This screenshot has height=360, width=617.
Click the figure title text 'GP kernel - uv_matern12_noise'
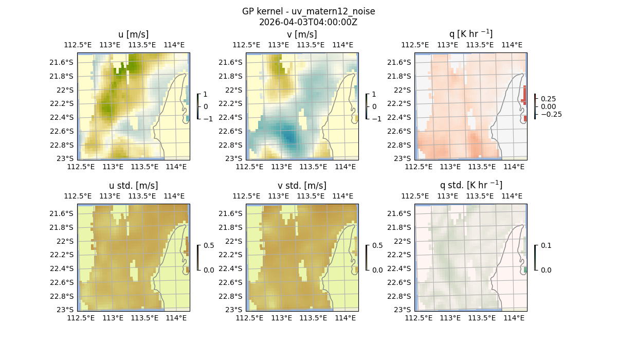coord(308,11)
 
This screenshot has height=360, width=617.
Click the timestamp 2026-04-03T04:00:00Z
coord(308,22)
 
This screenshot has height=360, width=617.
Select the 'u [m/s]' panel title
coord(133,34)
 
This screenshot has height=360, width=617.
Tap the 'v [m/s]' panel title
coord(302,34)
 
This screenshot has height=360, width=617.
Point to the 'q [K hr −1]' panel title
coord(470,34)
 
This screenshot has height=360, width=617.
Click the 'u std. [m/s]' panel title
coord(133,185)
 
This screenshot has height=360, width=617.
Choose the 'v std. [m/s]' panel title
coord(302,185)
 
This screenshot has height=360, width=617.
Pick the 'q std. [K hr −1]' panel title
coord(470,185)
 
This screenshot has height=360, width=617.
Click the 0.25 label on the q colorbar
coord(549,99)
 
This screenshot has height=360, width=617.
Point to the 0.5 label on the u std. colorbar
coord(209,246)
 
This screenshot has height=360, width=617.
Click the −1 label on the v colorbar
coord(377,119)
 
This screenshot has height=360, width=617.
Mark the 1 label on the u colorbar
coord(206,95)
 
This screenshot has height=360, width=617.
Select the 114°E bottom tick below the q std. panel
coord(514,318)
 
